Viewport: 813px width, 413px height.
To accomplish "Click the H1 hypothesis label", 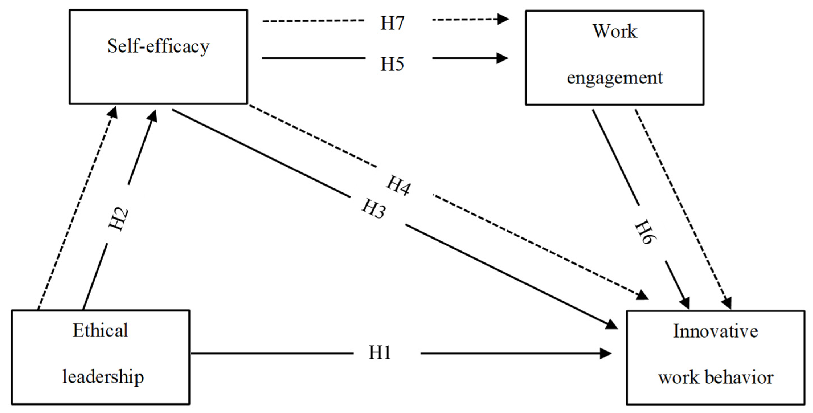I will pos(380,353).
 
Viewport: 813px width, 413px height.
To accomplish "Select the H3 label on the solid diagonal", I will pos(374,209).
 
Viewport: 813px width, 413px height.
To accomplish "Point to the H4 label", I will pos(399,186).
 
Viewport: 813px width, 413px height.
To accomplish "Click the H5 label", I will pos(392,64).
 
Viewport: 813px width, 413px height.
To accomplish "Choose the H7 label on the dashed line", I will pos(392,23).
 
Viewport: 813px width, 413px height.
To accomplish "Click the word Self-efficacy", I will pos(158,46).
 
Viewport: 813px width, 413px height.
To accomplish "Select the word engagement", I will pos(615,78).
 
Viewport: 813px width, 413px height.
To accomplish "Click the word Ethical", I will pos(100,330).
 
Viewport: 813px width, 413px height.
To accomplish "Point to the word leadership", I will pos(103,377).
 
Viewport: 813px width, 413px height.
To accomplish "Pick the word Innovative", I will pos(716,331).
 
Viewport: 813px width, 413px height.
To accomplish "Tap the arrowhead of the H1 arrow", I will pos(606,353).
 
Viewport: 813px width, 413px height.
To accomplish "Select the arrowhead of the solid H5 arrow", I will pos(502,58).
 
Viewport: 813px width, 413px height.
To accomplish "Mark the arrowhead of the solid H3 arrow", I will pos(611,325).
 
